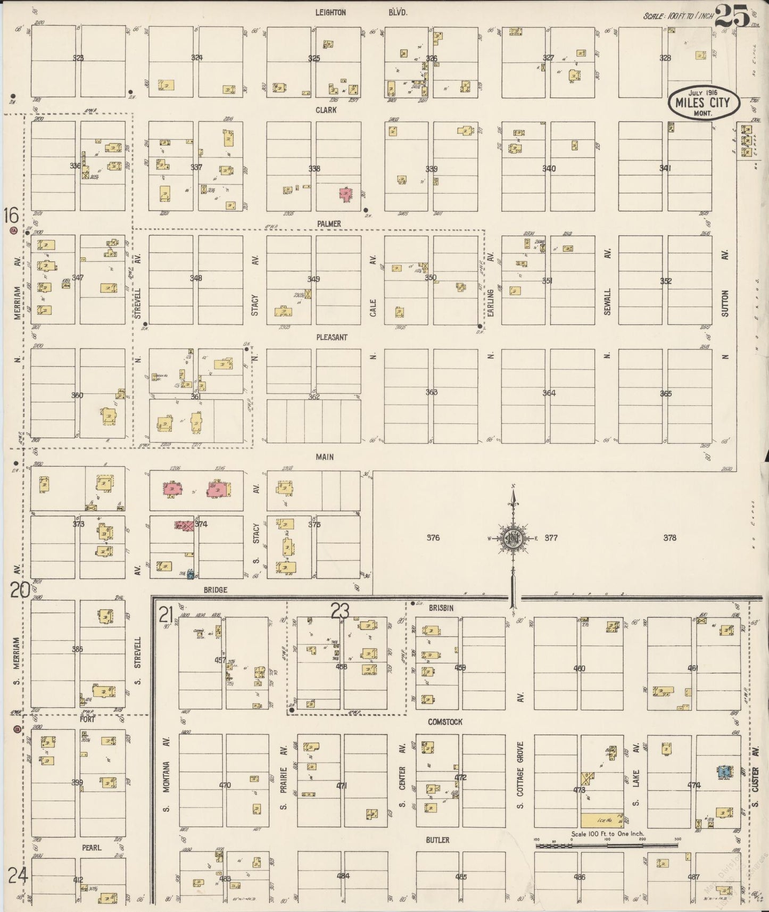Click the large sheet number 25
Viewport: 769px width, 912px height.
point(732,15)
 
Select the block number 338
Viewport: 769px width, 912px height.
point(314,169)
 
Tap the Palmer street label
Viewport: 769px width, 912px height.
point(329,224)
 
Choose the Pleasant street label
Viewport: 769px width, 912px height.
point(332,337)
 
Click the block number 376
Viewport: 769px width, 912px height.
point(433,538)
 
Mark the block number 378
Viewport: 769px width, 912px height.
point(669,538)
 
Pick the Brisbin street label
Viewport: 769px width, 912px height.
point(441,608)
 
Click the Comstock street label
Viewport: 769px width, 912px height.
point(445,722)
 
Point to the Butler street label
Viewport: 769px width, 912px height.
point(437,840)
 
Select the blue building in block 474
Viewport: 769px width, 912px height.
point(723,771)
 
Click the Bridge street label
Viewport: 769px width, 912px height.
point(215,590)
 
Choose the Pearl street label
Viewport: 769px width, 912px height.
point(92,848)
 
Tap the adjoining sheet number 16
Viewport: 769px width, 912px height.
point(11,216)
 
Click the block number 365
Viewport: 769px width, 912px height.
point(665,394)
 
